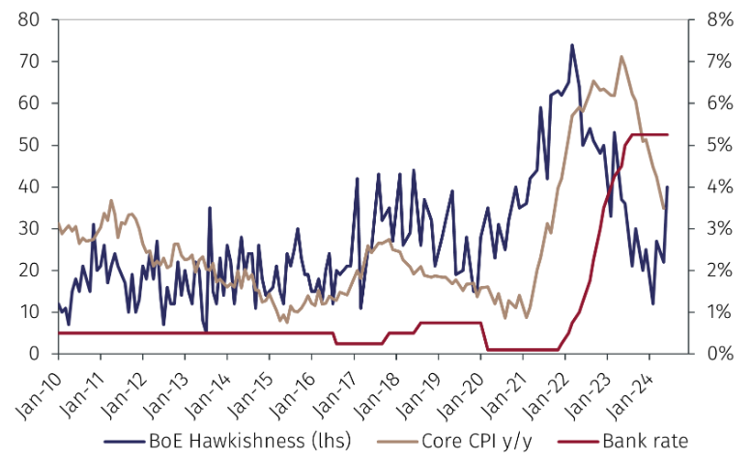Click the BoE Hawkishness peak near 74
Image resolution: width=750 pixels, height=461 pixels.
point(572,44)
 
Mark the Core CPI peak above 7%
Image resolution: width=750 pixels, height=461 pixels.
point(620,56)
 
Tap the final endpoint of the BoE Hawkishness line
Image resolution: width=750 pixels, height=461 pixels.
point(668,187)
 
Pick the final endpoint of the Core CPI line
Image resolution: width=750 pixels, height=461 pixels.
point(664,208)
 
